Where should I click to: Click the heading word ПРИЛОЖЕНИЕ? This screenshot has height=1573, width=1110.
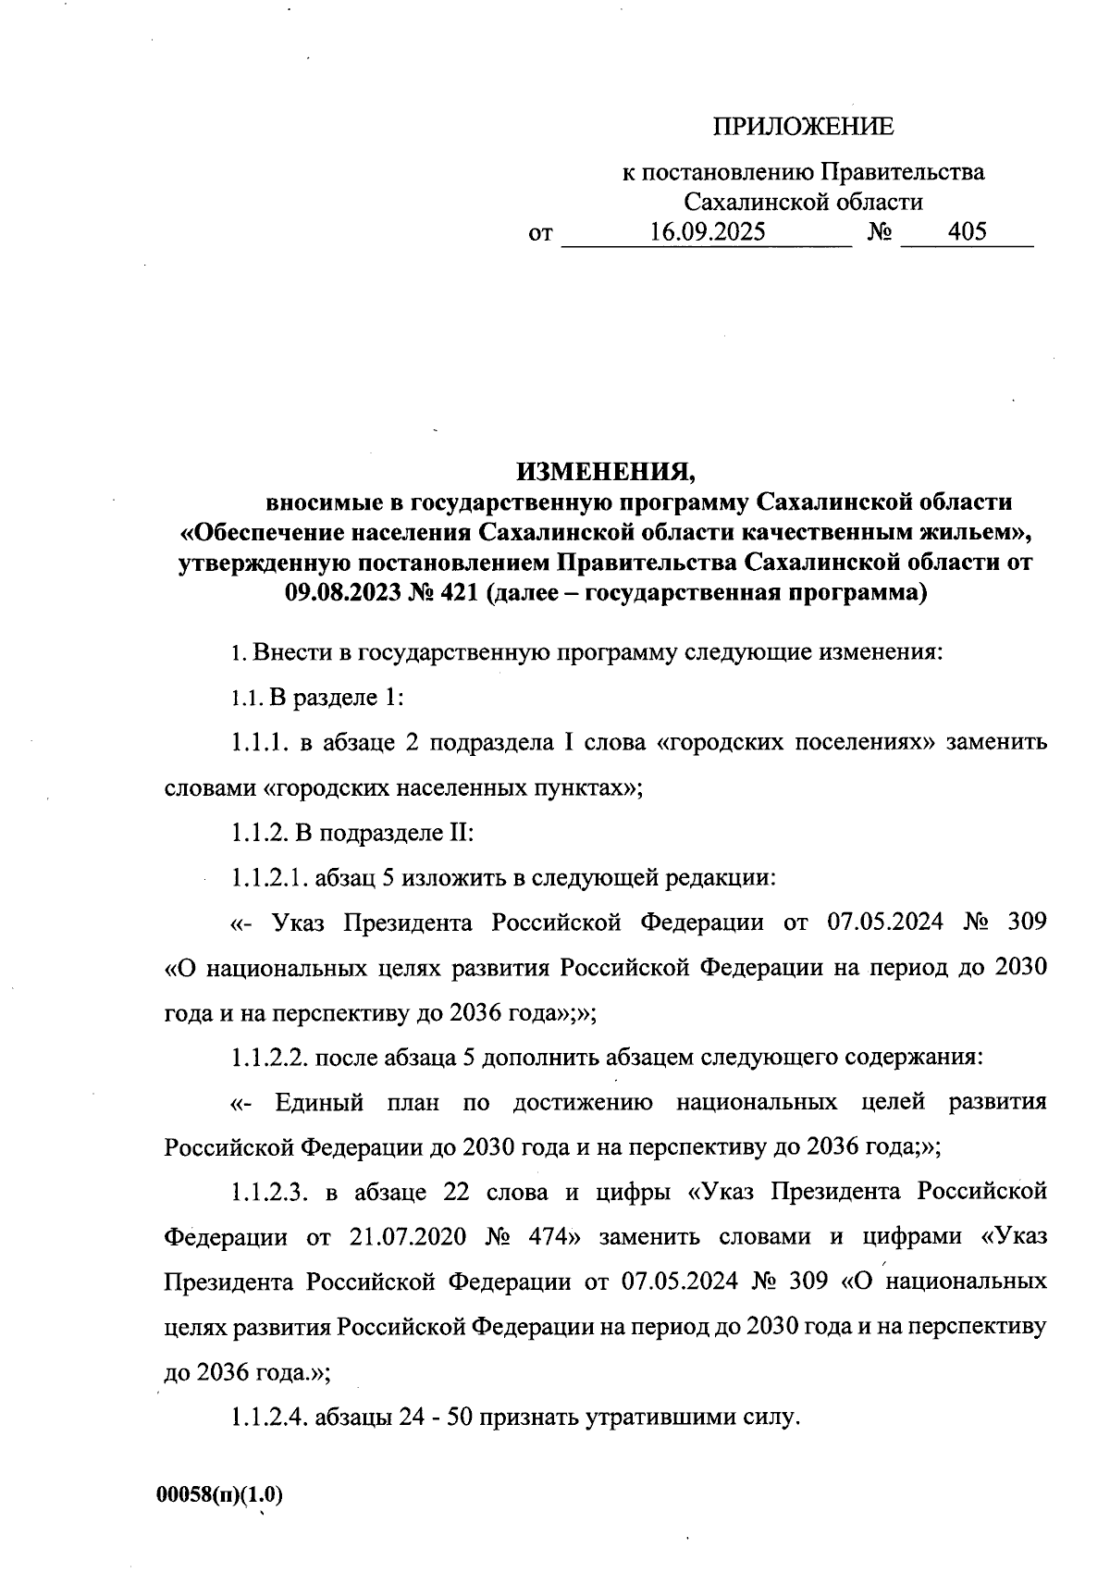[802, 128]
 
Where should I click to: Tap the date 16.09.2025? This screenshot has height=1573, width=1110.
[707, 231]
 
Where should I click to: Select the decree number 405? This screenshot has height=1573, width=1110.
[967, 231]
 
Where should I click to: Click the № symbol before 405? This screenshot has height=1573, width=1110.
[879, 231]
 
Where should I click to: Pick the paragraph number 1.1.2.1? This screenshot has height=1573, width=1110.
[270, 877]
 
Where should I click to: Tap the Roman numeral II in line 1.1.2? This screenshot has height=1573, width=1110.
[461, 832]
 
